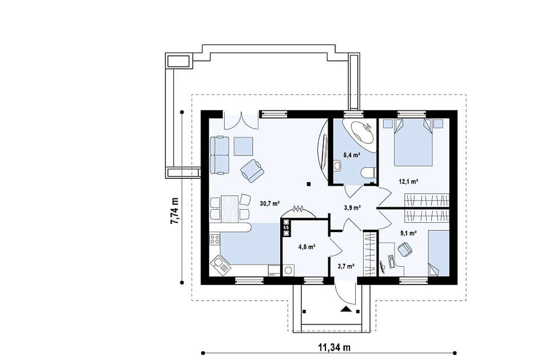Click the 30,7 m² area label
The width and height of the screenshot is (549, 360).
tap(269, 203)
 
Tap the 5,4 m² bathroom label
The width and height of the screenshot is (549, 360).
tap(352, 155)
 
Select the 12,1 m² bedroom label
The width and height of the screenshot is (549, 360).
tap(409, 181)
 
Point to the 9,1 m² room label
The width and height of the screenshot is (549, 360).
tap(408, 233)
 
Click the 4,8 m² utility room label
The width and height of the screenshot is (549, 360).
tap(307, 247)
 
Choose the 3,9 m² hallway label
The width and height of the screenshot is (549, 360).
tap(352, 208)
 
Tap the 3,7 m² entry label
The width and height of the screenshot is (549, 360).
tap(346, 266)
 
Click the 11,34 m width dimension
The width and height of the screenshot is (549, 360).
tap(334, 347)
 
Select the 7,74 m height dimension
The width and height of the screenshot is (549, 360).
tap(174, 211)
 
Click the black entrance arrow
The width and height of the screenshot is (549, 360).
tap(347, 309)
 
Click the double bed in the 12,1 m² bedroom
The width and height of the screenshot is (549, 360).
tap(413, 142)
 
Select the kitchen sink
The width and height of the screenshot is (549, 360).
tap(221, 265)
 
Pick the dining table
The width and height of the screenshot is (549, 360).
tap(230, 209)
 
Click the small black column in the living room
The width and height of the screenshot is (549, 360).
tap(308, 183)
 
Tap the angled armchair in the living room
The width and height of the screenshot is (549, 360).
tap(252, 171)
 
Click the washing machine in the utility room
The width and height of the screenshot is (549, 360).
tap(288, 270)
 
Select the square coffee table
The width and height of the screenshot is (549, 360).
tap(244, 146)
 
